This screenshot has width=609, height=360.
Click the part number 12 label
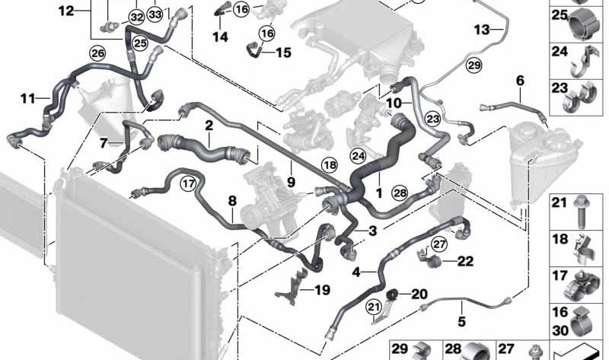coord(66,11)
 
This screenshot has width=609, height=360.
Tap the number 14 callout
coord(220,36)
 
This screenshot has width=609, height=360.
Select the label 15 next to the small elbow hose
coord(282,53)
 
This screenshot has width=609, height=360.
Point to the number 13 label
coord(483,30)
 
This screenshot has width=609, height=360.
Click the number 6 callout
coord(520,80)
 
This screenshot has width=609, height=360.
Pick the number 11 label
coord(27,97)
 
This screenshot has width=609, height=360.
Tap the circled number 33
coord(155,14)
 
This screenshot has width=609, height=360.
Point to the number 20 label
coord(419,294)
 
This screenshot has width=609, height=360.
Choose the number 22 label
coord(465,261)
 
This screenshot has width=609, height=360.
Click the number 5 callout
coord(461,323)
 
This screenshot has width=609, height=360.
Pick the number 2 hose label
coord(207,124)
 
